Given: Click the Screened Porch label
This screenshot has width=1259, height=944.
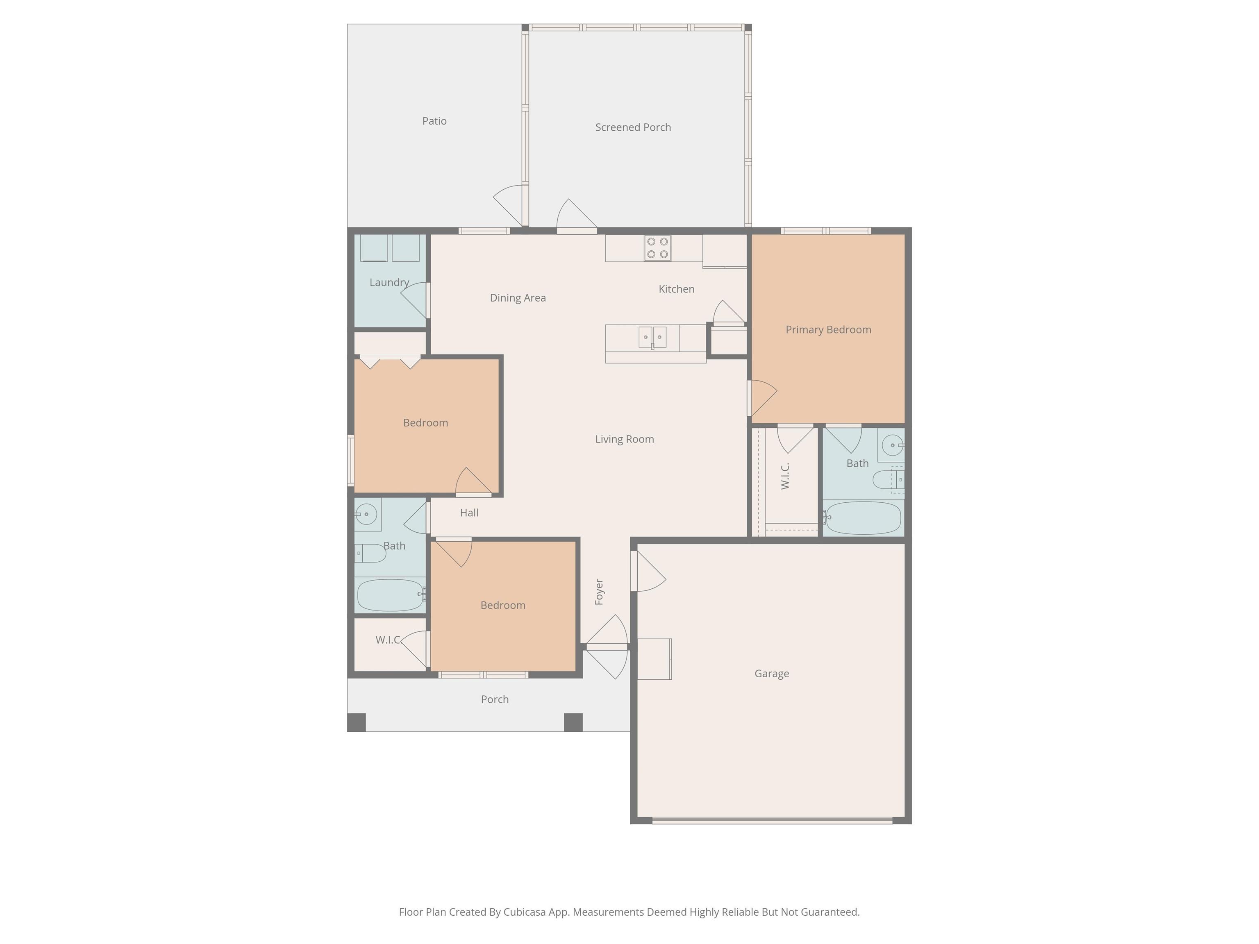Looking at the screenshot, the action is [633, 127].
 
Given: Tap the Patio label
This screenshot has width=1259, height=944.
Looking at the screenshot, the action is [434, 120].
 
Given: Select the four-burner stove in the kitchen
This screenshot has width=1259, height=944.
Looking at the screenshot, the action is [657, 248].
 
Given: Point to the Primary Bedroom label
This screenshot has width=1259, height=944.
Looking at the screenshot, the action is [828, 329].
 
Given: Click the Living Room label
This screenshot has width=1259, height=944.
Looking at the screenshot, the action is [625, 439].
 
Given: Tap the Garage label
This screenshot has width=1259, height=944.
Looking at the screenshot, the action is [772, 674].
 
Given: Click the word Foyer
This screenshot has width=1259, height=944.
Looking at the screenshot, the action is [599, 592].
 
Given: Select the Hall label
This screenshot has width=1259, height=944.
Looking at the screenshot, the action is [469, 513].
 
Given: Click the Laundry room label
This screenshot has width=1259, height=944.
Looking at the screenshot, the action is [389, 282].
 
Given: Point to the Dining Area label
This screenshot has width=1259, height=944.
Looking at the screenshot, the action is [518, 297].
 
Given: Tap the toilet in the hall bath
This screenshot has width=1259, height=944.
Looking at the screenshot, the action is [370, 553].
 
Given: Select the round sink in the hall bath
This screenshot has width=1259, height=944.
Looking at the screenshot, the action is [367, 514].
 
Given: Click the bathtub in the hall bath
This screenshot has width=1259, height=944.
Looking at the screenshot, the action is [391, 595].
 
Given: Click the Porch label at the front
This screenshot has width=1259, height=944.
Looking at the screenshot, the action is [495, 699].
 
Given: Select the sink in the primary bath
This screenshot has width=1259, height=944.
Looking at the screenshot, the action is [892, 445].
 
